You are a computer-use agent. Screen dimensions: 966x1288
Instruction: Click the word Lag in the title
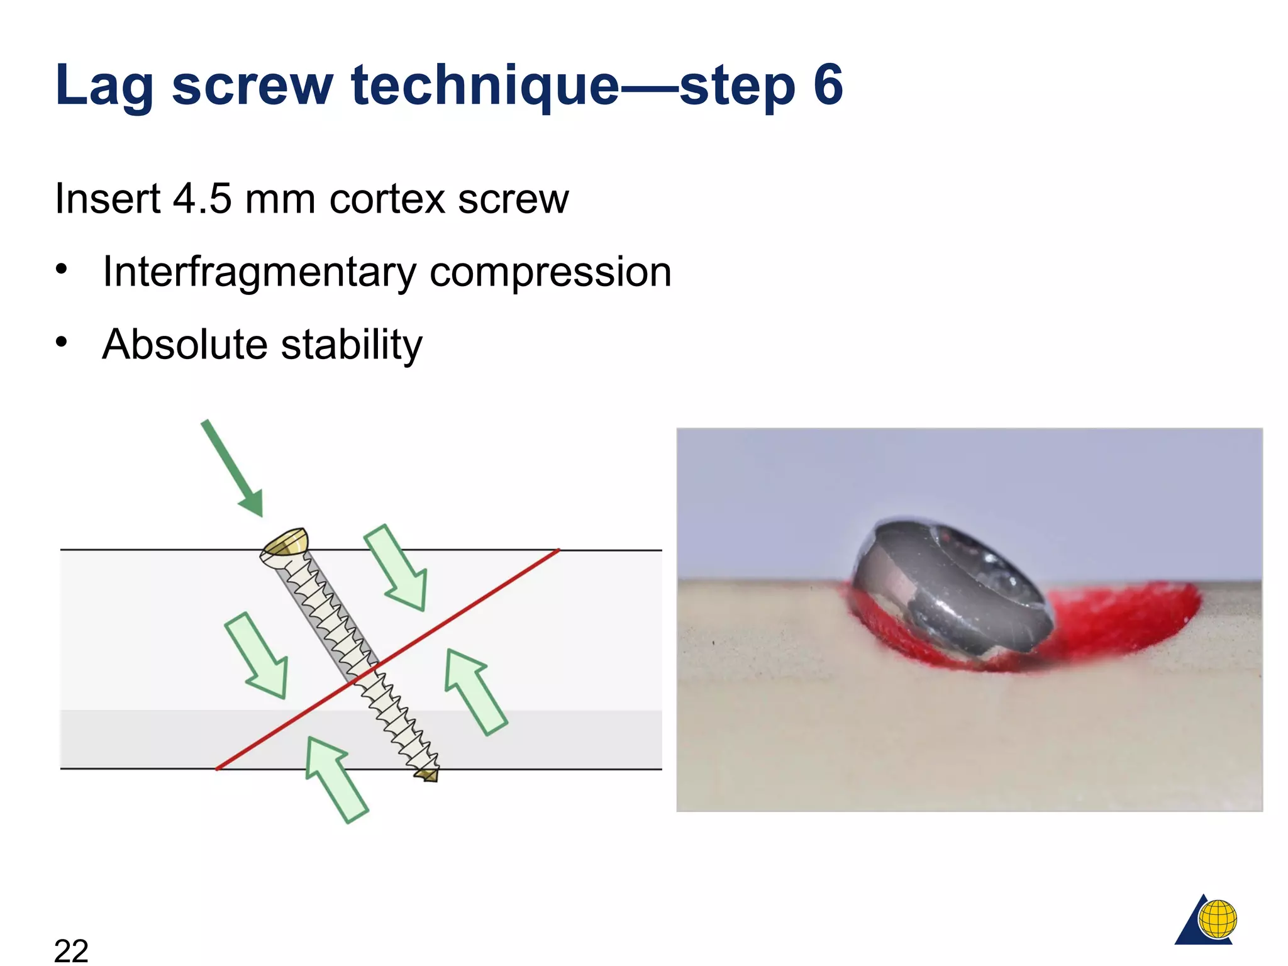point(104,86)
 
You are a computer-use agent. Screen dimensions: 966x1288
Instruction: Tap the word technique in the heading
point(485,86)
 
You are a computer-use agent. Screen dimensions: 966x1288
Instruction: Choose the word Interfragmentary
point(259,273)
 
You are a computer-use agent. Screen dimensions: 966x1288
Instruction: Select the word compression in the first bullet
point(550,273)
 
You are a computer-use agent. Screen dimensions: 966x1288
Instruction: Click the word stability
point(352,346)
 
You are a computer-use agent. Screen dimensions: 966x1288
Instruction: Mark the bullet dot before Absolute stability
point(61,341)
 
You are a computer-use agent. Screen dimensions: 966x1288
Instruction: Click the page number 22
point(71,949)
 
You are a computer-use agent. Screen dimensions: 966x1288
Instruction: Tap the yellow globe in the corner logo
point(1218,919)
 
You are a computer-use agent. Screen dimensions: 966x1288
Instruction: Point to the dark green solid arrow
point(232,469)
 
